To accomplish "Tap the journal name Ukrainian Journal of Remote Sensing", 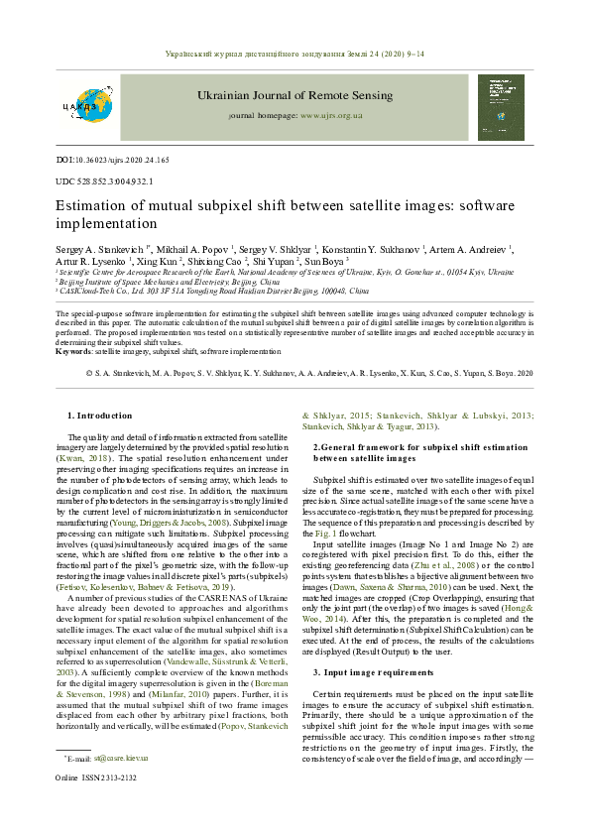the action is tap(295, 95).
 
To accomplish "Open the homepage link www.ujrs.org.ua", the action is tap(331, 116).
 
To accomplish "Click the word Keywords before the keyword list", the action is tap(74, 351).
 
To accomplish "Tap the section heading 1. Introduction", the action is tap(98, 416).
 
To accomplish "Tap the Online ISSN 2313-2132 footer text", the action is tap(96, 805).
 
